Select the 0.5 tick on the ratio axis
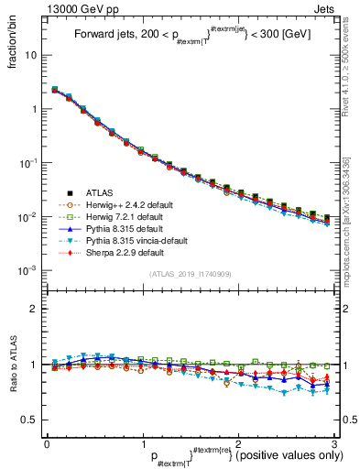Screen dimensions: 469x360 click(x=29, y=420)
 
